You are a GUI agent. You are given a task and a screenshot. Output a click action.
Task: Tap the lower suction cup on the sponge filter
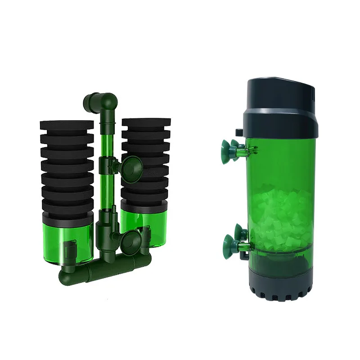[x=133, y=239]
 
